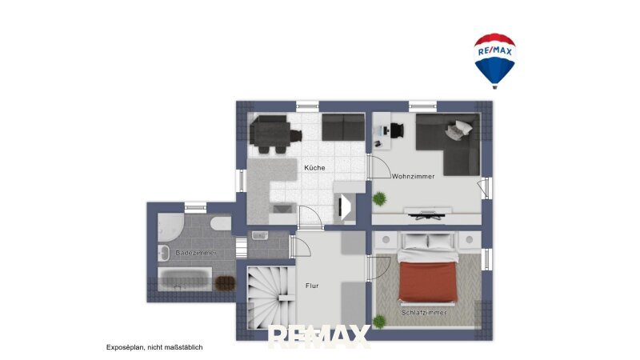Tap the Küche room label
coord(314,168)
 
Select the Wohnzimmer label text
coord(413,176)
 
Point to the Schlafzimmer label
coord(424,313)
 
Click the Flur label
coord(312,286)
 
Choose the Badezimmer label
coord(196,253)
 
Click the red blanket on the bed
coord(427,282)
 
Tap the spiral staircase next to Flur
coord(271,297)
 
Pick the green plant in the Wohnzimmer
coord(379,198)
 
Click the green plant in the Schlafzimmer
coord(379,322)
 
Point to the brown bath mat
coord(226,283)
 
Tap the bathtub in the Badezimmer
coord(185,279)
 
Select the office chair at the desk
coord(397,130)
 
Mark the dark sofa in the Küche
coord(343,127)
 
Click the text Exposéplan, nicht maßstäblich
coord(154,347)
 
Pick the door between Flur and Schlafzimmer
coord(378,267)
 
